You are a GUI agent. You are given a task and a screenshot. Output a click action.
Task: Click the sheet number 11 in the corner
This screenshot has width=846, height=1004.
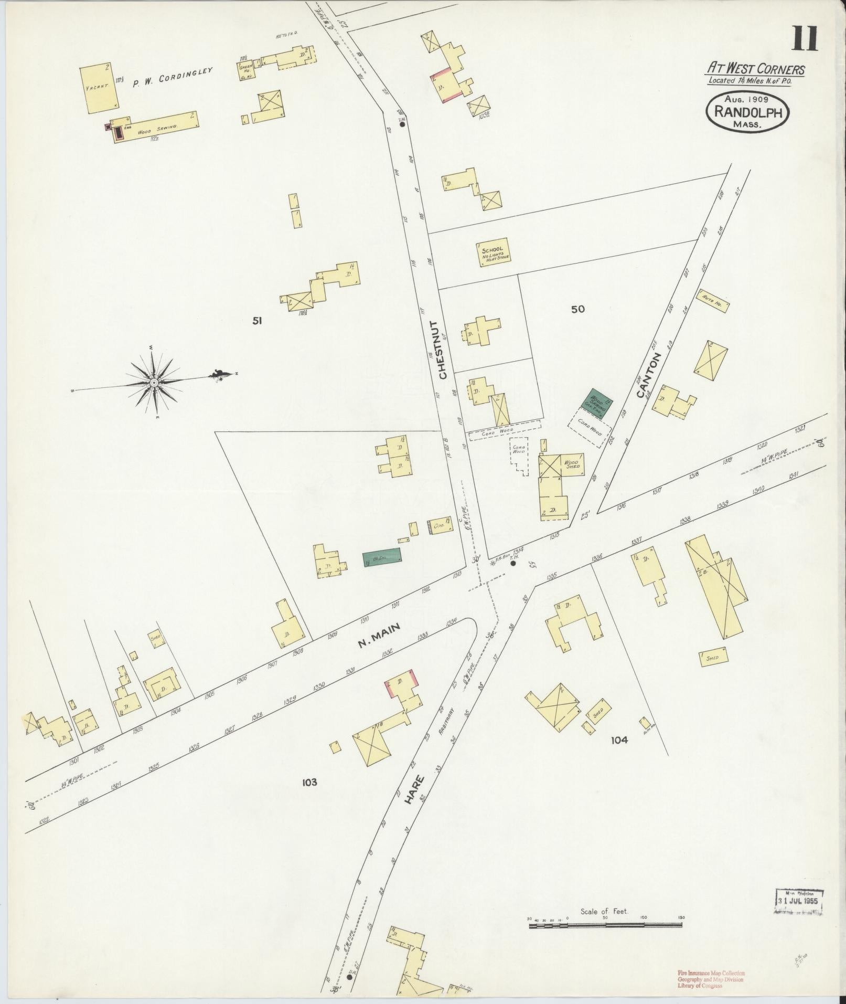point(805,39)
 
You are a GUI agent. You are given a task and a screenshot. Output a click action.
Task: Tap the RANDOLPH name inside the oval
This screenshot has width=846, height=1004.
point(747,112)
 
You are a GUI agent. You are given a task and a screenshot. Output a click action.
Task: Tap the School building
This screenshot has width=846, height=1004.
point(493,254)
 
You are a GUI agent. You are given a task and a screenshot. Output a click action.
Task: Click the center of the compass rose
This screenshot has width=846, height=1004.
point(154,383)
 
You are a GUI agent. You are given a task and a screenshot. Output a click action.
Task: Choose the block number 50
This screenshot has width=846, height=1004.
point(577,309)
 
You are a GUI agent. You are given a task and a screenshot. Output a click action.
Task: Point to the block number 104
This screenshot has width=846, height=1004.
point(619,740)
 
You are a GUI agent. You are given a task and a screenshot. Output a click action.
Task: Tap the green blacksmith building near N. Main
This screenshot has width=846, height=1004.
point(382,557)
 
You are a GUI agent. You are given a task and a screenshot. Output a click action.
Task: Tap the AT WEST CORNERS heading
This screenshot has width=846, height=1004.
point(755,68)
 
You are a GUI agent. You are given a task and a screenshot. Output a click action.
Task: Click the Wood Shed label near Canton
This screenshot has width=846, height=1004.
point(571,464)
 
